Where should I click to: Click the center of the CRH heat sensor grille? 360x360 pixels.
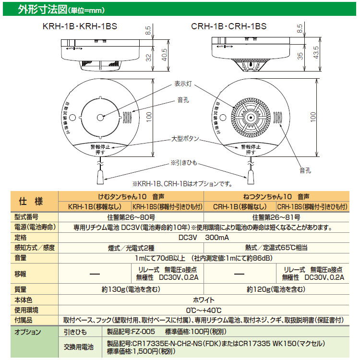(x=250, y=117)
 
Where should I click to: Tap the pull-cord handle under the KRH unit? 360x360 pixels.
(x=99, y=178)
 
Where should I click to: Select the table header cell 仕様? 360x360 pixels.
(x=30, y=202)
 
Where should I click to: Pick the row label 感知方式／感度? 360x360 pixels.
(x=29, y=248)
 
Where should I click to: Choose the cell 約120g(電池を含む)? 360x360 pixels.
(x=276, y=289)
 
